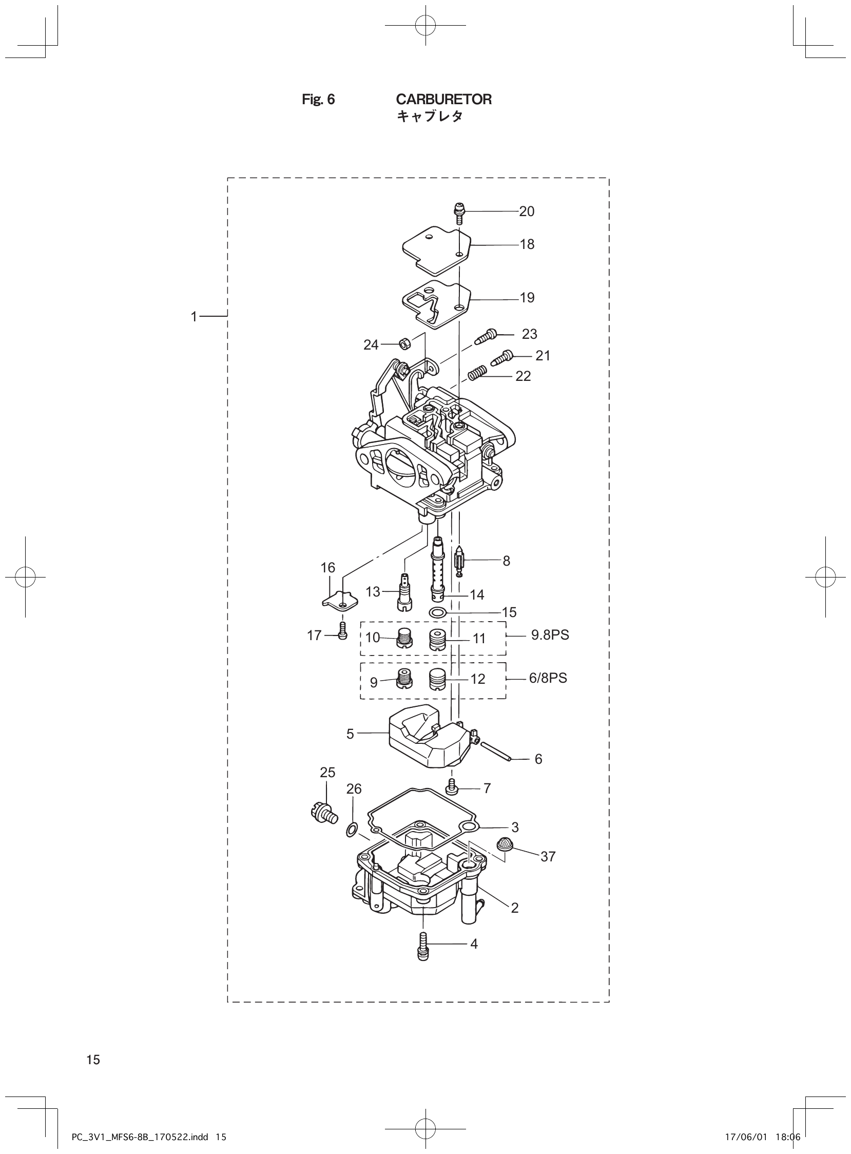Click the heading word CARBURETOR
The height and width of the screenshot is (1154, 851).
443,100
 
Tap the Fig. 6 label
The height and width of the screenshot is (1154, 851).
318,100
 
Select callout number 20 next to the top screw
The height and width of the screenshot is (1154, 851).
527,211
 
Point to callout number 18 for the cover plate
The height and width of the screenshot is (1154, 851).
527,244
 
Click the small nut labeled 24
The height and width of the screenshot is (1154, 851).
404,343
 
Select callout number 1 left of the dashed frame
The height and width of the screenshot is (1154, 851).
194,316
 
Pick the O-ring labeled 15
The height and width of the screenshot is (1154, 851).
437,612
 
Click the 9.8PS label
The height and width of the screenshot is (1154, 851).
550,635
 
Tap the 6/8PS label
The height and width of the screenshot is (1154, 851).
548,678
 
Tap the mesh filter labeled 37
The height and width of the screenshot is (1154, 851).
506,844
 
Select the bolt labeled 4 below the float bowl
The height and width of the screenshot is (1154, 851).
422,946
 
